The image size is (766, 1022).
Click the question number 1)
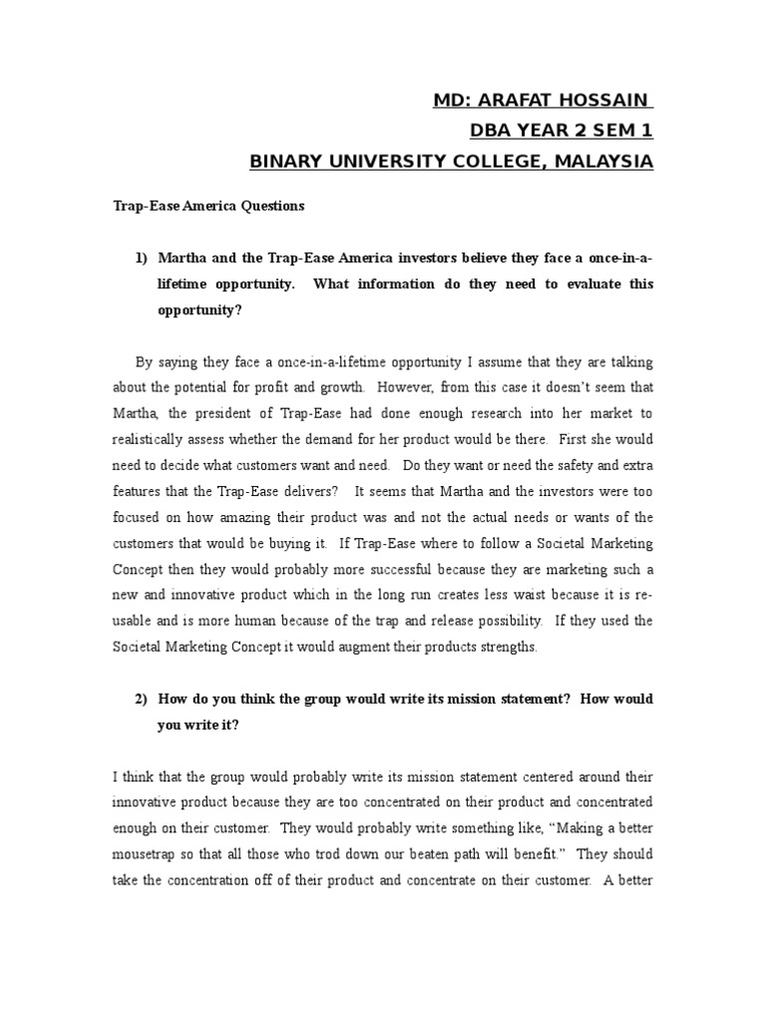142,258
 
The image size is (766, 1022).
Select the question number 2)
142,699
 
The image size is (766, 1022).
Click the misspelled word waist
471,595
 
